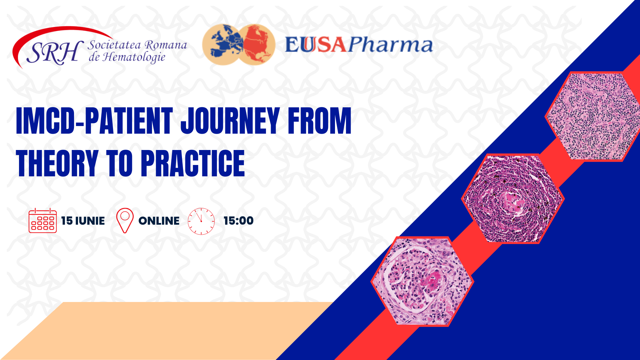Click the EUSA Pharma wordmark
(x=359, y=45)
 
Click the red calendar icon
(x=43, y=220)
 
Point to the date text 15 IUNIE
(x=83, y=221)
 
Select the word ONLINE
(x=159, y=221)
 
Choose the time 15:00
(x=239, y=221)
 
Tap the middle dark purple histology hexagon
(x=513, y=199)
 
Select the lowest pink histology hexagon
(x=422, y=281)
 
